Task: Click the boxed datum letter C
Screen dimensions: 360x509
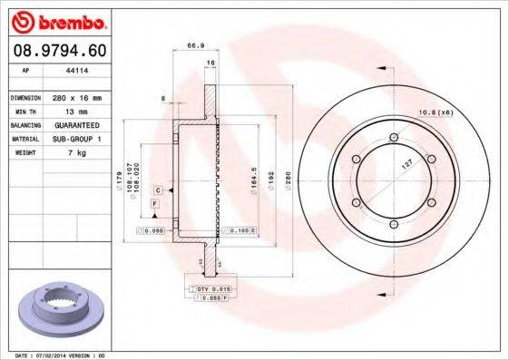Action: click(x=158, y=190)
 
